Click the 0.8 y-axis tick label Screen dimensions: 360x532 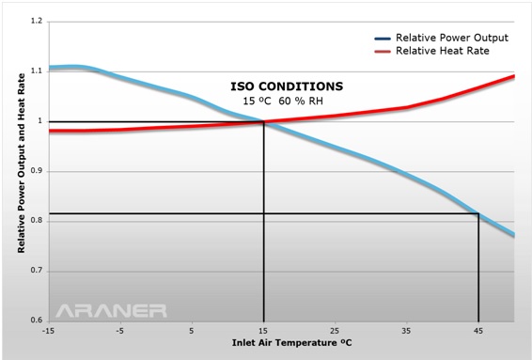pos(36,221)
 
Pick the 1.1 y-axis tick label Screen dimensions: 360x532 pos(36,70)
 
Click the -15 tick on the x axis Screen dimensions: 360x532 pos(49,331)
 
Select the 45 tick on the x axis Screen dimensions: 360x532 pos(479,331)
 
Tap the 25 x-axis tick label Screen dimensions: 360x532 pos(336,331)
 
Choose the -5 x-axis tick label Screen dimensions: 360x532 pos(120,331)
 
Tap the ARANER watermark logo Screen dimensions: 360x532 pos(111,309)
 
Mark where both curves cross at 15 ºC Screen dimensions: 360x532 pos(264,121)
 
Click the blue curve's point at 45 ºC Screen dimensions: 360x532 pos(479,214)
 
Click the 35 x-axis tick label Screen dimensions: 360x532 pos(407,331)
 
